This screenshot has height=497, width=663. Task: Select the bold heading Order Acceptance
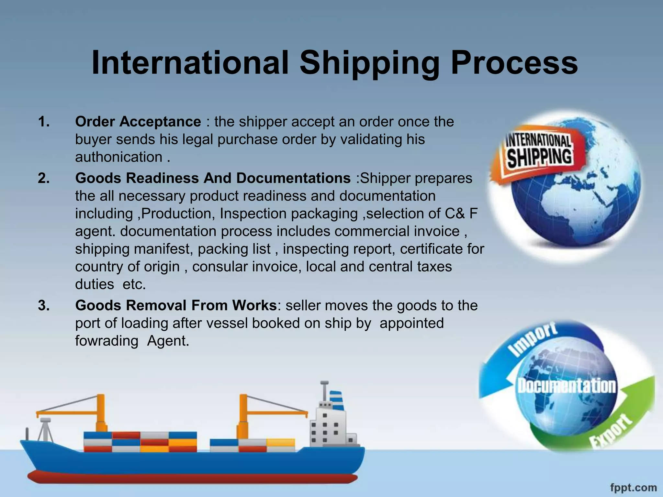coord(138,122)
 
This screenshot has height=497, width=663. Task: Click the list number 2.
coord(44,178)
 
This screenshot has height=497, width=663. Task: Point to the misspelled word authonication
coord(119,157)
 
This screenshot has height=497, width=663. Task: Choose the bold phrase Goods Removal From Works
coord(176,305)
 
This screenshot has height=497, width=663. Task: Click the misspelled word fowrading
coord(107,341)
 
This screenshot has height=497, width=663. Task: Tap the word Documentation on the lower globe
coord(567,386)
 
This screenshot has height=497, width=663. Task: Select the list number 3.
coord(44,305)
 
